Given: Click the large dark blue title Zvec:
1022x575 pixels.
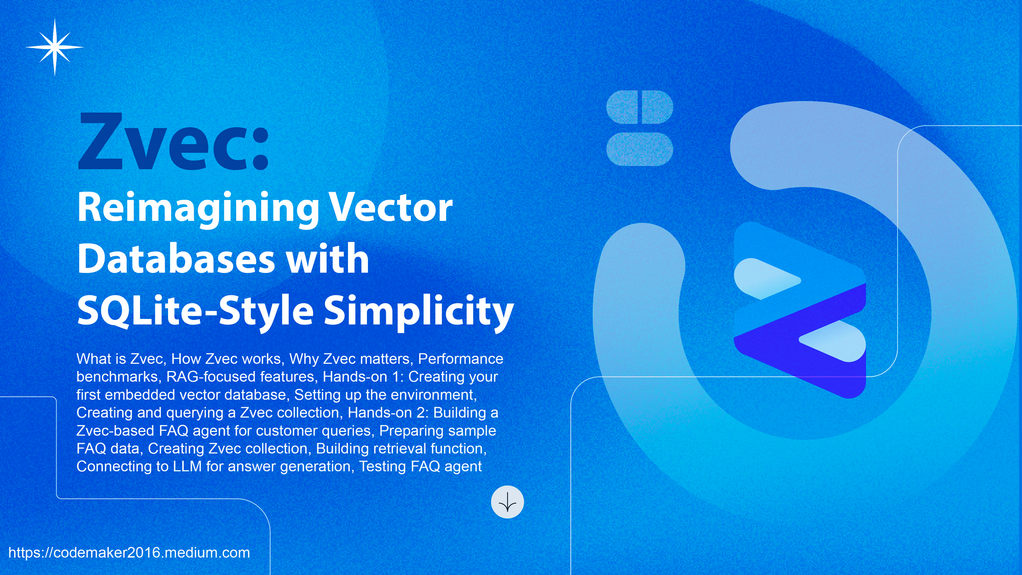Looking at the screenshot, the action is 173,142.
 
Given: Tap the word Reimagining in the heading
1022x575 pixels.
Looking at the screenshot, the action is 198,209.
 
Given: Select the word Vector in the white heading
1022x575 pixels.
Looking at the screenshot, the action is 390,208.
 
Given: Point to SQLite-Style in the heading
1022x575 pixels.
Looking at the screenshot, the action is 195,311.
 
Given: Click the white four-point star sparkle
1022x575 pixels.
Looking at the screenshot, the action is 55,47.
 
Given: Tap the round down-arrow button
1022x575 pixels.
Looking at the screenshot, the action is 507,502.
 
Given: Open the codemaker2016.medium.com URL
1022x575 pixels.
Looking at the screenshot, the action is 129,553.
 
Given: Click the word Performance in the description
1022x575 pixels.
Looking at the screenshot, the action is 460,359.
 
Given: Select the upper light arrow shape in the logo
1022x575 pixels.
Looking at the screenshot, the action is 766,279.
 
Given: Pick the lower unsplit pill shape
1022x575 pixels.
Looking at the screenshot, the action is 640,149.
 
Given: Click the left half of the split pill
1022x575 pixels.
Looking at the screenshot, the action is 622,107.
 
